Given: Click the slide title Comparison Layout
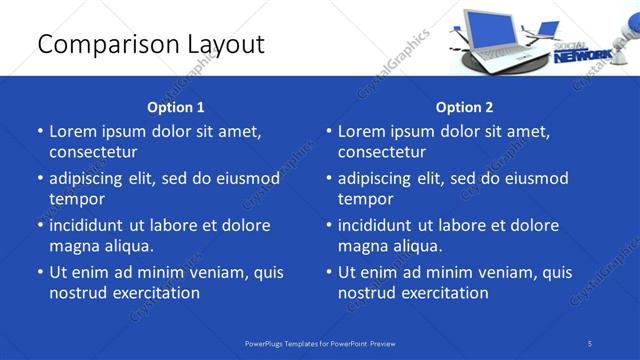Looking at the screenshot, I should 150,44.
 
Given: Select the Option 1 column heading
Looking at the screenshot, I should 176,107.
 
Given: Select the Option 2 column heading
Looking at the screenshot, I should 465,107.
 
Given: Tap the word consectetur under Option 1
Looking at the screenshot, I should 93,152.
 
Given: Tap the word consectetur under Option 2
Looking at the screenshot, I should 382,152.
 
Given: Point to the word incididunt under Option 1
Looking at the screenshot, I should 93,225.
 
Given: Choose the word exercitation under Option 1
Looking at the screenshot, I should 154,293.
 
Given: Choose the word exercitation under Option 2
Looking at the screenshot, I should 443,293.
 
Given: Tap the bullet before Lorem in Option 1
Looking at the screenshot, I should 39,132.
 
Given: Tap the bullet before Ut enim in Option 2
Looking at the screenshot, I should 328,272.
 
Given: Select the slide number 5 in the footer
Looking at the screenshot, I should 590,343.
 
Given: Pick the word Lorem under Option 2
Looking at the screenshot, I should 360,131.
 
